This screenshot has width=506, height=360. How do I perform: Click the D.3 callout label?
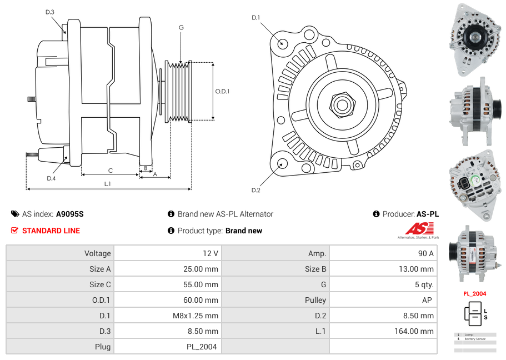coord(49,12)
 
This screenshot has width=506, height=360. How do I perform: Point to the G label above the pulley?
coord(181,27)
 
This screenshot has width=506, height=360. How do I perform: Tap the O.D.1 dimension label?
coord(222,91)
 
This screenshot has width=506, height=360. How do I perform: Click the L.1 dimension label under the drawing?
coord(108,184)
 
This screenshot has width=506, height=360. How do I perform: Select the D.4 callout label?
coord(51,178)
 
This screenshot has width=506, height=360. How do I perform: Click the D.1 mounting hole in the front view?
coord(282,43)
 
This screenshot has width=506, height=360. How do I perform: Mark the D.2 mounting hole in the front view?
coord(282,163)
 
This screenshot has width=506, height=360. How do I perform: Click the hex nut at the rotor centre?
coord(342,104)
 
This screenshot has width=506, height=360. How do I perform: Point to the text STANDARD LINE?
coord(51,231)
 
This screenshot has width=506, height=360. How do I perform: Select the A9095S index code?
coord(70,214)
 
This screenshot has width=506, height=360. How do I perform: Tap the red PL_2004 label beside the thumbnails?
coord(475,293)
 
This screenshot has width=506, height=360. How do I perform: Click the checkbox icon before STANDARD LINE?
coord(15,231)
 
